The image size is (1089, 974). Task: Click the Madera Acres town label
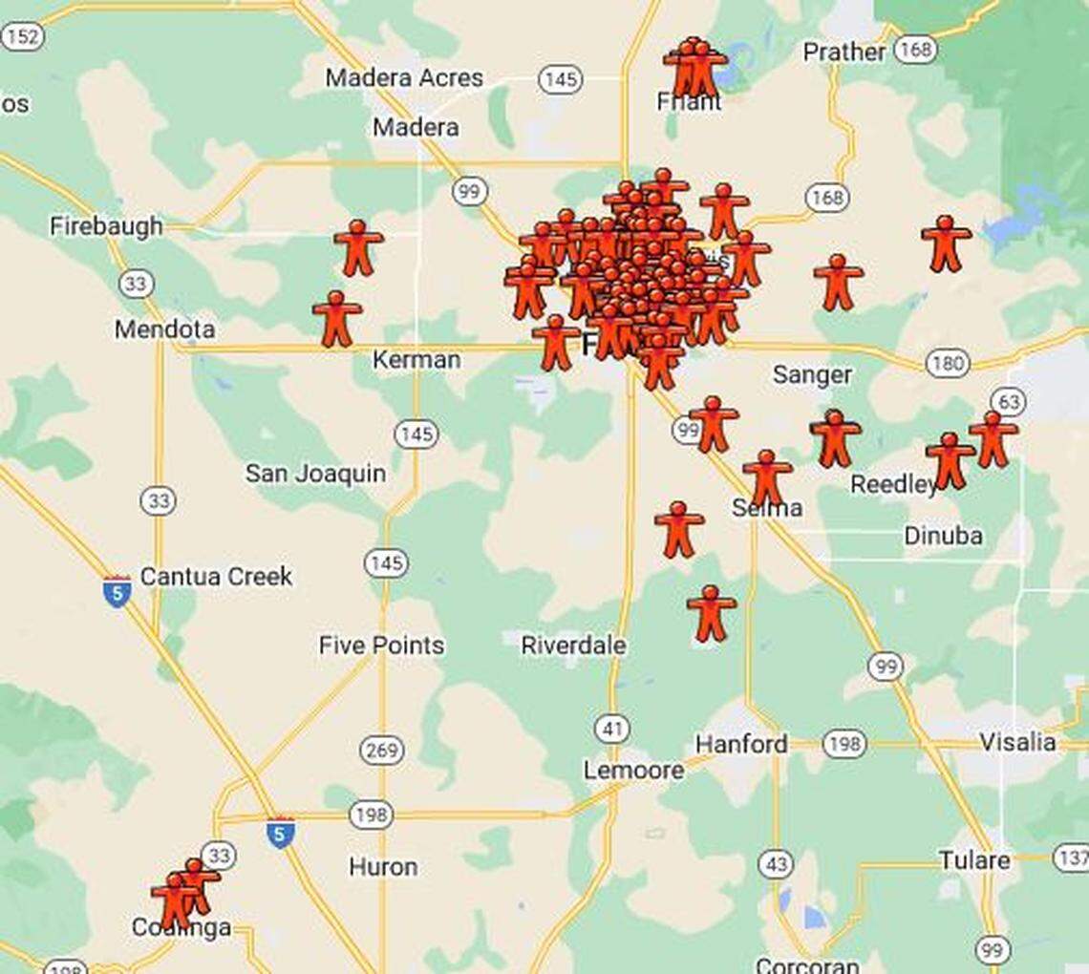(404, 77)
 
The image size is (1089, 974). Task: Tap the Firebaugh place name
(106, 226)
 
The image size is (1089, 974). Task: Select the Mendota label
(164, 329)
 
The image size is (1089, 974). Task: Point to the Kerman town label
(416, 360)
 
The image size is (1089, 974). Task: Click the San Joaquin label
(315, 473)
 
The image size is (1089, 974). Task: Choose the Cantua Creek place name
(216, 577)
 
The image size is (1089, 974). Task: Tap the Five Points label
(381, 646)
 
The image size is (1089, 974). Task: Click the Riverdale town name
(573, 646)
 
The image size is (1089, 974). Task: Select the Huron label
(383, 867)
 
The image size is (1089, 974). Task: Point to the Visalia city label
(1017, 742)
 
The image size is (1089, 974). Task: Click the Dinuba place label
(943, 536)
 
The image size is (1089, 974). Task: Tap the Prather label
(843, 52)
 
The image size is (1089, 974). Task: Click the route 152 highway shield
(23, 37)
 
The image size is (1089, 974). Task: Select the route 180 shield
(947, 363)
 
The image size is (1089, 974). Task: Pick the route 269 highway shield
(381, 751)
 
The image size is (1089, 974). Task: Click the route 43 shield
(776, 865)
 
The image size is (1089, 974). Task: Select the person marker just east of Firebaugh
(358, 248)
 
